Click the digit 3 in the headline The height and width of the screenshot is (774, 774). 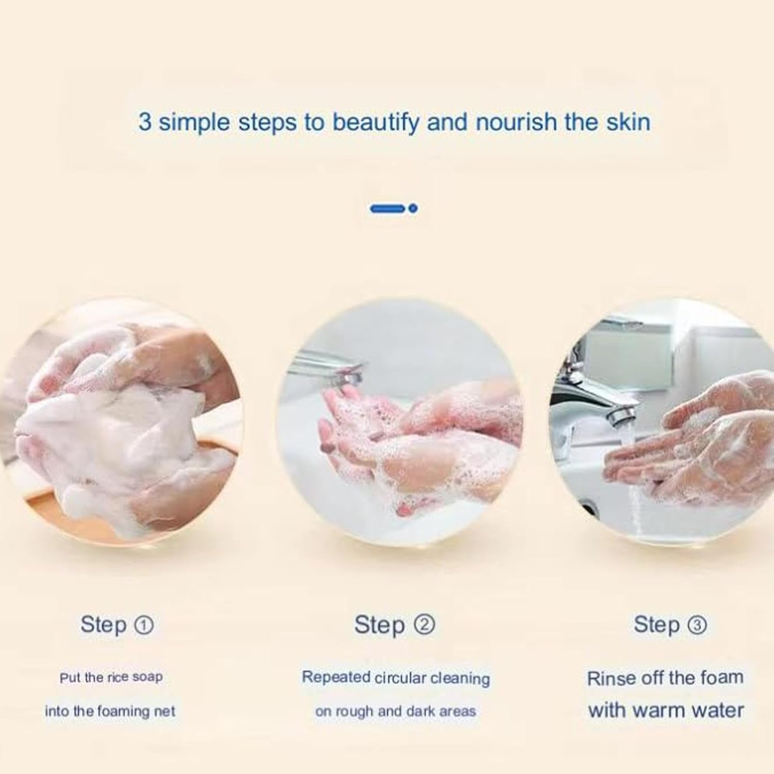pos(145,123)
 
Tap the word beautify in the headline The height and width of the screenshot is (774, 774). pos(376,123)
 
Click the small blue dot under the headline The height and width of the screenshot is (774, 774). pos(413,208)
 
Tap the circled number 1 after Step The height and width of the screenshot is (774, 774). pos(143,625)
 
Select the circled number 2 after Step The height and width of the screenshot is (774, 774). pos(425,625)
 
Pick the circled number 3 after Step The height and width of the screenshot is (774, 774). pos(697,625)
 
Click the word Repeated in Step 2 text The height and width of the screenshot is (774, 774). pos(336,677)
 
